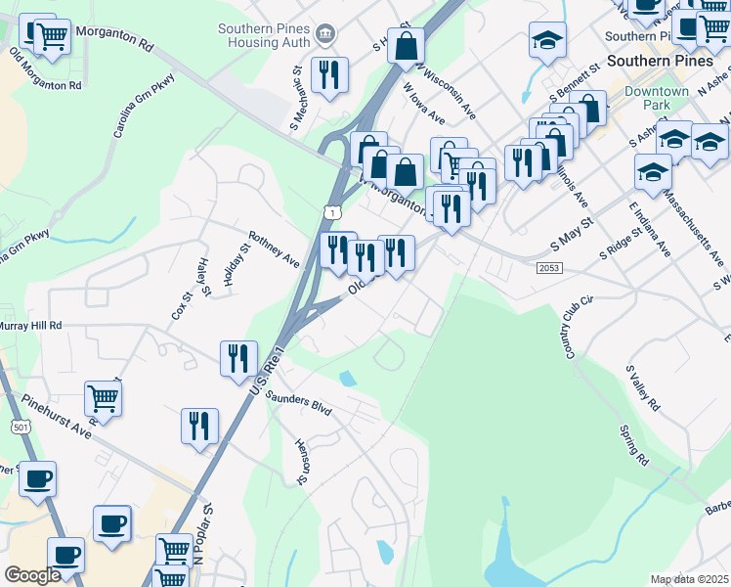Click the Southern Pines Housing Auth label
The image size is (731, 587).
264,35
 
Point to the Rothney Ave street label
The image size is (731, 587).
274,249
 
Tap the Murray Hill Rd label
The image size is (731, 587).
30,325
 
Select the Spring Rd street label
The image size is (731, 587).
633,443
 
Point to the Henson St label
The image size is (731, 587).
302,460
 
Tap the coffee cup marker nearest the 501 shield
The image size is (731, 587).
37,479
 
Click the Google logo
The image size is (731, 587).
32,575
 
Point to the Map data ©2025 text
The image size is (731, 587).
689,579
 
